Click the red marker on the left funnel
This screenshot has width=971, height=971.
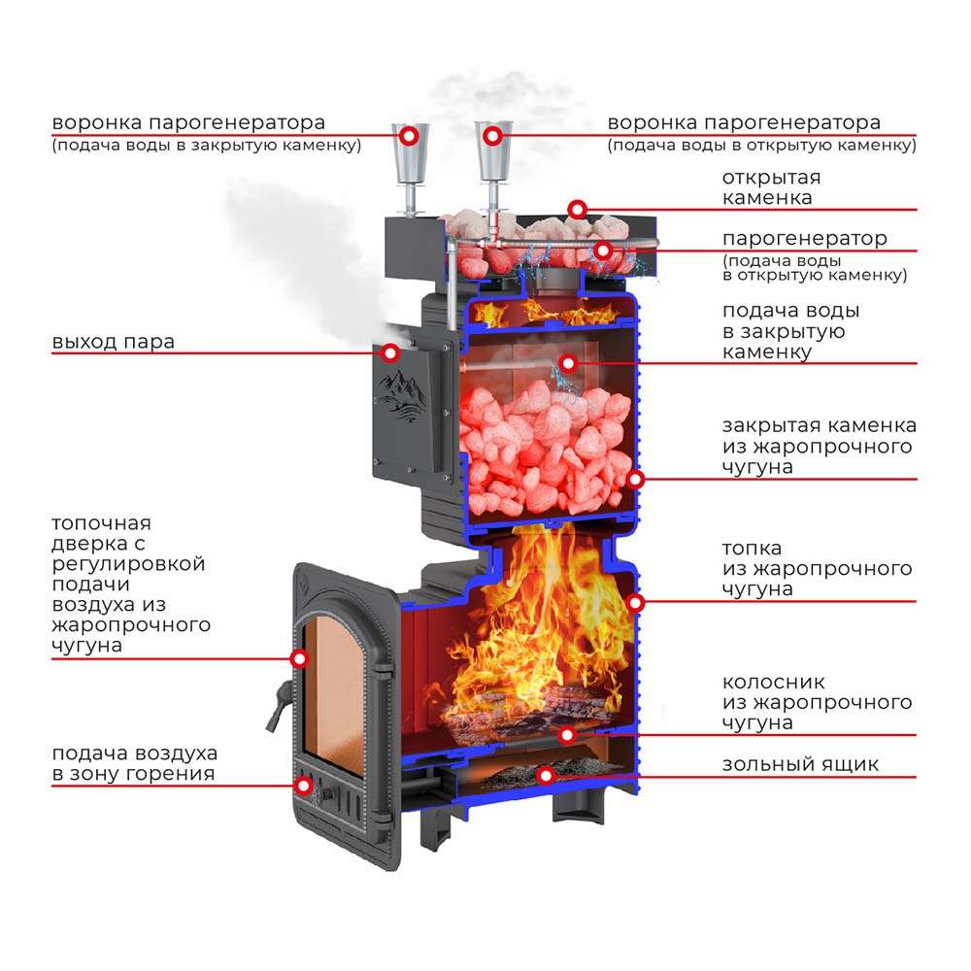pos(409,136)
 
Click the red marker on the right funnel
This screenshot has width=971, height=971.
pos(492,136)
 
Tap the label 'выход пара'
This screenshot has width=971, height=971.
pos(114,342)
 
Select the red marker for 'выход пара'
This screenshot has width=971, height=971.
pos(389,353)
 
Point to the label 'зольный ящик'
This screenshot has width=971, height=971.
pos(800,765)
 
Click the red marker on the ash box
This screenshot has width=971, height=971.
pos(546,775)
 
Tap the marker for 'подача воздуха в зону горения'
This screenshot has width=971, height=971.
pos(303,786)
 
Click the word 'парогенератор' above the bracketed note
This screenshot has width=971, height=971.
pos(804,239)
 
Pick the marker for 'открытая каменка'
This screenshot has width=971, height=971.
pos(577,210)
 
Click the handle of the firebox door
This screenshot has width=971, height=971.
pos(279,706)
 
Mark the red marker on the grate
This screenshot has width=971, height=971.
pos(567,735)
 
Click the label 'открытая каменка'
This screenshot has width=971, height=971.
pos(771,187)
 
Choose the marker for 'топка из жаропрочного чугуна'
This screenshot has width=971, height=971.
pos(635,602)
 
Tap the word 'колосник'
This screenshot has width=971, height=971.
pos(774,682)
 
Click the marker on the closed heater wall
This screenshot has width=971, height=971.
pos(635,480)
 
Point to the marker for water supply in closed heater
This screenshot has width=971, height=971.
pos(568,363)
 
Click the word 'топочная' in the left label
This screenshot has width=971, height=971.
pos(102,523)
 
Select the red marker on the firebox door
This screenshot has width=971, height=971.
pos(300,659)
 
